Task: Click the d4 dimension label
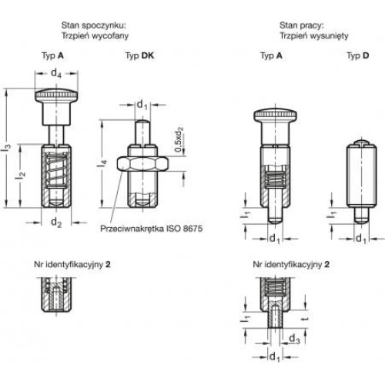coord(56,73)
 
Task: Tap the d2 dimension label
coord(56,223)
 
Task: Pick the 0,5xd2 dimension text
coord(179,139)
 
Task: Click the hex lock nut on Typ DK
coord(142,164)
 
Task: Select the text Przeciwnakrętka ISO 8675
coord(152,229)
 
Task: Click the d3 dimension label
coord(294,339)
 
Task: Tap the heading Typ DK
coord(139,55)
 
